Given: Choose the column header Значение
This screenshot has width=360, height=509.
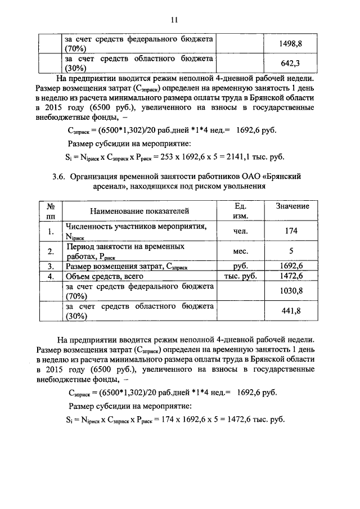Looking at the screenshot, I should click(292, 206).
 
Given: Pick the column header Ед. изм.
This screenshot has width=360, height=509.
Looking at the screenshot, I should click(240, 211).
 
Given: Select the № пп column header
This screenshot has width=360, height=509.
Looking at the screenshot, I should click(51, 211).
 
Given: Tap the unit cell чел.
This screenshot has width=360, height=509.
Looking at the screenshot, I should click(240, 231).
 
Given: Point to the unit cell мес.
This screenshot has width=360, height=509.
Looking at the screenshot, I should click(240, 251).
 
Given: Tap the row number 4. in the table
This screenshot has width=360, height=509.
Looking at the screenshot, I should click(51, 276).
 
